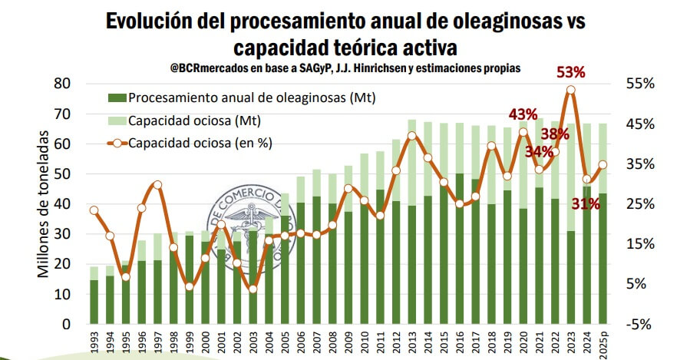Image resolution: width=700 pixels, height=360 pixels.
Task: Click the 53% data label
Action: click(x=570, y=73)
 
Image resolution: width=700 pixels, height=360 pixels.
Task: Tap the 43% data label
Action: click(x=522, y=114)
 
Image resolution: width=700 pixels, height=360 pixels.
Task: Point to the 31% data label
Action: click(x=585, y=203)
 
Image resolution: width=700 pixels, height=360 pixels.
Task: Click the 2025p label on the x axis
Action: click(x=603, y=342)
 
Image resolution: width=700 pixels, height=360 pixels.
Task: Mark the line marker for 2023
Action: click(x=570, y=90)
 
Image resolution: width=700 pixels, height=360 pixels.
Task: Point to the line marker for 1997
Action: click(x=157, y=184)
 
